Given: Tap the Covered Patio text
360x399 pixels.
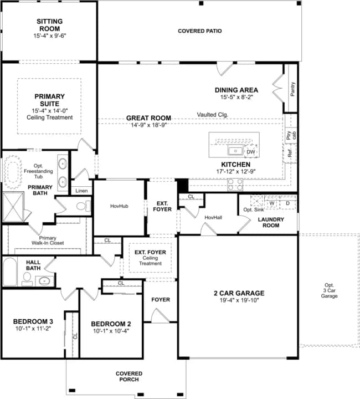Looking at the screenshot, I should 199,31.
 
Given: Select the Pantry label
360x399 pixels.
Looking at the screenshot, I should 292,88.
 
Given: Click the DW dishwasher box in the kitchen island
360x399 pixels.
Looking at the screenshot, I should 251,151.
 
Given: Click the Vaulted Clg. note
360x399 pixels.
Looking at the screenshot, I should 213,115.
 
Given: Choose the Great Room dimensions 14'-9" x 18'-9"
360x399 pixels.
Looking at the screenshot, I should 148,125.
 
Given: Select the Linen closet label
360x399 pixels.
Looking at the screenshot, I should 81,191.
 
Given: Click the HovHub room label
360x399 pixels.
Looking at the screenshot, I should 119,206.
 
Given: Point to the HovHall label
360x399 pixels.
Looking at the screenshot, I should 213,217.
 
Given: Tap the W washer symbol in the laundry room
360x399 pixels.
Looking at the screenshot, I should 272,203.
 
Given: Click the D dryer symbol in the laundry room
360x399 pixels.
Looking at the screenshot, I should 287,203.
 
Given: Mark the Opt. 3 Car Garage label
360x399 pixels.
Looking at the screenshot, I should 330,291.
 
